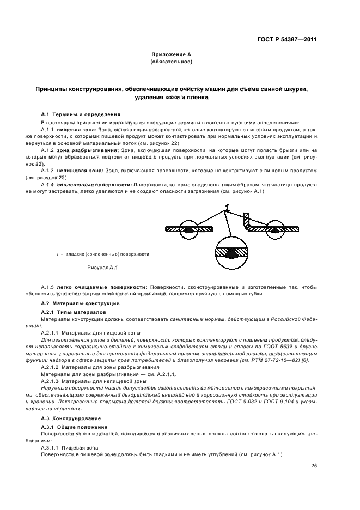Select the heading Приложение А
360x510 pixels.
click(171, 55)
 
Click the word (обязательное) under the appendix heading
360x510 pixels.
click(171, 62)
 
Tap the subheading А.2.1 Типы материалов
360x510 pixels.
click(76, 311)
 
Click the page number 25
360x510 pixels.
click(314, 465)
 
